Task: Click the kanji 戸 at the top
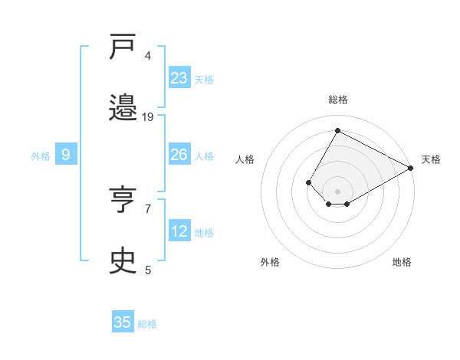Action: [123, 49]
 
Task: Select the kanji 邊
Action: [123, 108]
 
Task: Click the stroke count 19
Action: [148, 117]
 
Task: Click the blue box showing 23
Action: [179, 78]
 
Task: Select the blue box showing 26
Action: [179, 155]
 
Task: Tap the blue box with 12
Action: [179, 231]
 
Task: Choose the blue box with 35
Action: [123, 322]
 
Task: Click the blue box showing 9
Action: [66, 155]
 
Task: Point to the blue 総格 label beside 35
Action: [147, 324]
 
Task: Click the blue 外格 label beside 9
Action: [41, 156]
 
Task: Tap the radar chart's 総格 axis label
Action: [337, 100]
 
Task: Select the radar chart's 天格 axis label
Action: [431, 159]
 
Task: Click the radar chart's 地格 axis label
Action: [402, 262]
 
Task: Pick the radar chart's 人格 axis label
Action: [245, 159]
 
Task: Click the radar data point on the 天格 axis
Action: [411, 168]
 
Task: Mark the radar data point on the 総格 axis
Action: [337, 130]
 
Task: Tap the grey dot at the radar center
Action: [337, 191]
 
